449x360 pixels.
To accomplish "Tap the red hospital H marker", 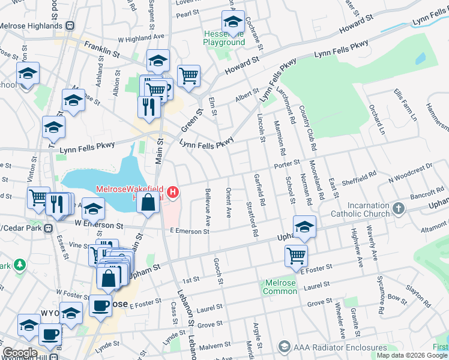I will coord(173,192).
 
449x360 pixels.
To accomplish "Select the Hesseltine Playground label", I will coord(224,38).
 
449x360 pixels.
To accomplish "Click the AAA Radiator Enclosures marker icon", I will coord(284,347).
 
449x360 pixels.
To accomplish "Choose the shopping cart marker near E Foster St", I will coord(296,256).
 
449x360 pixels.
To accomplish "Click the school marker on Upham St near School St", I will coord(305,227).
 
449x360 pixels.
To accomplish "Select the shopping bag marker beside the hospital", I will coord(148,202).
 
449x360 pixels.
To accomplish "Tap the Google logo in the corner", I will coord(20,353).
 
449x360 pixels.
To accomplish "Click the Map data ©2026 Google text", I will coord(411,355).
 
